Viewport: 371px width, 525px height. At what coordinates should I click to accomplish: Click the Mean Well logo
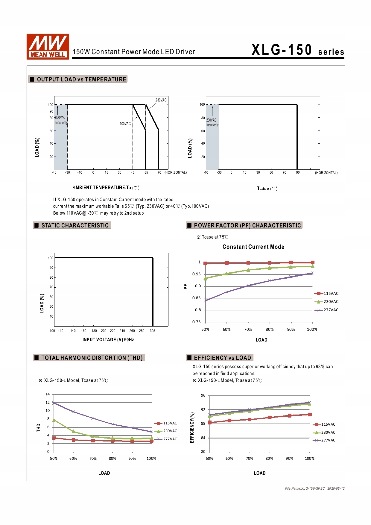point(48,46)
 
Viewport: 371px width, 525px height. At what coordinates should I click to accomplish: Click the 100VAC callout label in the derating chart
point(125,124)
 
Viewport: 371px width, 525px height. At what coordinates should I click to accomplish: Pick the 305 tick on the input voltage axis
point(152,331)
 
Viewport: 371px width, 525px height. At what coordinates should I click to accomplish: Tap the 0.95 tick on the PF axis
point(196,274)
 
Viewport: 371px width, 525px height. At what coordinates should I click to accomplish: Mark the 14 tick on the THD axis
point(48,394)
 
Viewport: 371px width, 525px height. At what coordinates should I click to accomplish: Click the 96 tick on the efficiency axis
point(203,395)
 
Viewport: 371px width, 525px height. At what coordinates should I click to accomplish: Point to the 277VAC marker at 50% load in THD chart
point(54,403)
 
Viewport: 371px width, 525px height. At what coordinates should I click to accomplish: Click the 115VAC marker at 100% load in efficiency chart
point(310,415)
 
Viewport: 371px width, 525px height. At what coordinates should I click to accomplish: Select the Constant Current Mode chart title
point(253,247)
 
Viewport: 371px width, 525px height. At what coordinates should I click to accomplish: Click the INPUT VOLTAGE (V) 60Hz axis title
point(108,340)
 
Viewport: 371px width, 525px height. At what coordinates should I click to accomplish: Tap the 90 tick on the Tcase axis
point(298,172)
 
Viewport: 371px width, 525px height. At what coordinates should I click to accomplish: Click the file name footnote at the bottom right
point(314,488)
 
